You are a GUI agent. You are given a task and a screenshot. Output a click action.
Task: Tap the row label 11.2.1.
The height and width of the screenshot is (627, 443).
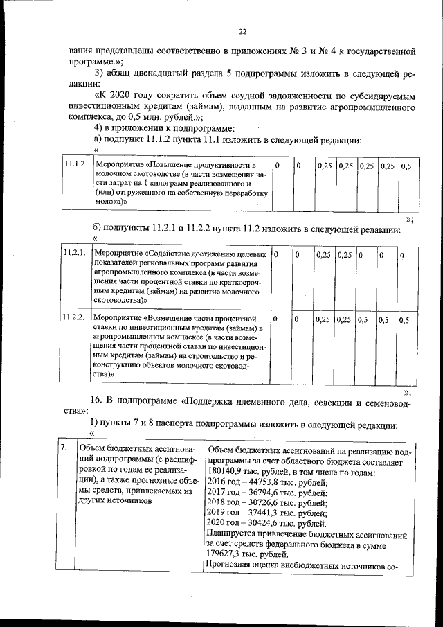coord(73,254)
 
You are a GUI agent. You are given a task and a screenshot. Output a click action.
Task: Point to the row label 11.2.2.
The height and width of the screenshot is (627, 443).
coord(73,318)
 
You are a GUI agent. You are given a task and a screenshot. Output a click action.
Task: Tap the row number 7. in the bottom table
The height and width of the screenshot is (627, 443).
coord(63,447)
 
